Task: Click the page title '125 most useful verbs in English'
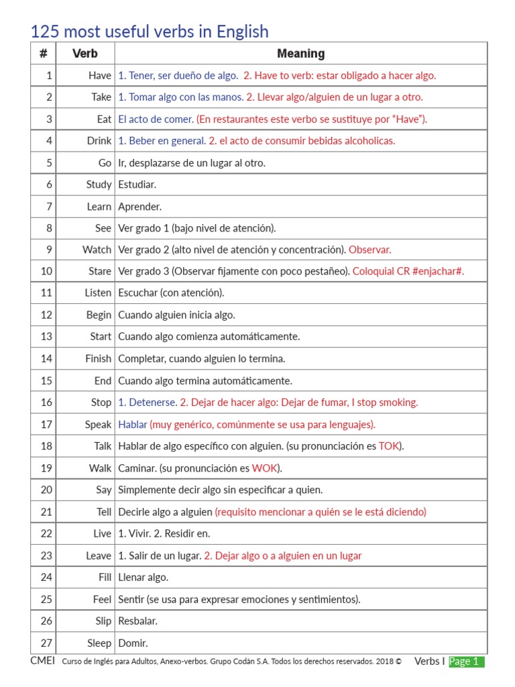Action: click(x=150, y=31)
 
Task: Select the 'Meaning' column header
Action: click(x=300, y=54)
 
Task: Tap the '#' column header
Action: click(x=43, y=54)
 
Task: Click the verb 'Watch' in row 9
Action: click(x=97, y=250)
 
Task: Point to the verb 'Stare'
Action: click(x=99, y=272)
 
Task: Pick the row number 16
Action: click(x=46, y=403)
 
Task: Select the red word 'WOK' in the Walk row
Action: click(x=265, y=468)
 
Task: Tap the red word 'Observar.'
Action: click(x=369, y=250)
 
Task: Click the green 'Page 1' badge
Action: click(x=466, y=662)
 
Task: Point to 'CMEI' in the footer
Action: click(x=42, y=661)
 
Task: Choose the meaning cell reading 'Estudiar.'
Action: click(x=137, y=184)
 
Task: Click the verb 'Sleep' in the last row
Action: click(x=99, y=643)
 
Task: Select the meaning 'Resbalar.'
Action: click(x=137, y=621)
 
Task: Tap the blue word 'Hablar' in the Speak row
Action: click(x=132, y=425)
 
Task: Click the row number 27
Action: click(x=46, y=643)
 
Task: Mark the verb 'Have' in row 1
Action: click(x=100, y=76)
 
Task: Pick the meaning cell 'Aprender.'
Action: click(x=139, y=207)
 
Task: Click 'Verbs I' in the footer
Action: click(x=429, y=662)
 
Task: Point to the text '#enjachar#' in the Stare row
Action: click(x=437, y=272)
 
